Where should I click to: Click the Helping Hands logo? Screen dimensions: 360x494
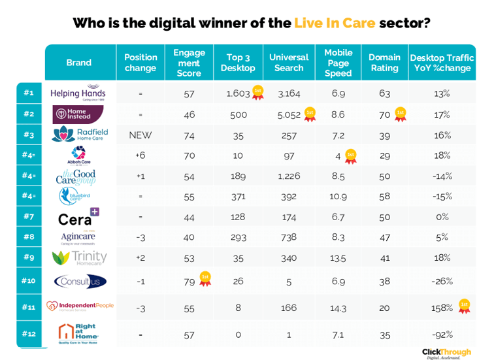(78, 93)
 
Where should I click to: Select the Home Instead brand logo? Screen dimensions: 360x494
(78, 114)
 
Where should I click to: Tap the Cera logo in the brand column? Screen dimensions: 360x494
(78, 218)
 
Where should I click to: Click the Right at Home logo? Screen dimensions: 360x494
(77, 334)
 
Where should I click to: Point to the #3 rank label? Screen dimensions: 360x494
(29, 135)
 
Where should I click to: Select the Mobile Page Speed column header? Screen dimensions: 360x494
(338, 63)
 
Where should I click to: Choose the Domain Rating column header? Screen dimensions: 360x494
(384, 63)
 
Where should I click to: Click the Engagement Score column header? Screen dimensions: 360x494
(189, 63)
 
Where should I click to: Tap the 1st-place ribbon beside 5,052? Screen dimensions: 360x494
(310, 114)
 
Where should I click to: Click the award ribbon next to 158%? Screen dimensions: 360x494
(464, 306)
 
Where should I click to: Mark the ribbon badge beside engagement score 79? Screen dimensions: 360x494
(205, 279)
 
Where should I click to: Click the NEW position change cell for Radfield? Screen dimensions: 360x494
(140, 135)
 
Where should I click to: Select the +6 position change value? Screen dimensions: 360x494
(140, 155)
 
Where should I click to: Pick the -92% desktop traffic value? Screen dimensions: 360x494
(442, 335)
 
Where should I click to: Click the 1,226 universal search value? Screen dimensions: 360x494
(288, 176)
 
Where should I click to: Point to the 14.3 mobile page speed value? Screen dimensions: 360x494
(338, 307)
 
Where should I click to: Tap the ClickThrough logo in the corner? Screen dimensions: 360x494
(446, 353)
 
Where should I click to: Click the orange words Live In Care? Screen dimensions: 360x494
(335, 23)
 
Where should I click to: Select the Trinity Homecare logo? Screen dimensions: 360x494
(78, 257)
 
